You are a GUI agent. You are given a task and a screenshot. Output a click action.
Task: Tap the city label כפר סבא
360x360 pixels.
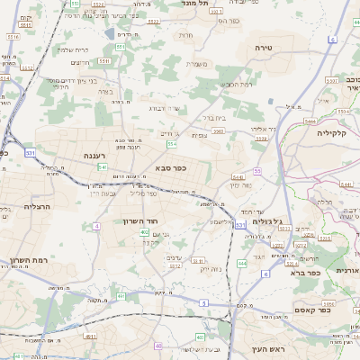coord(171,166)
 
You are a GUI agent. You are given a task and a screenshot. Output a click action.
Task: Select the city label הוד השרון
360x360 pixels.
coord(140,220)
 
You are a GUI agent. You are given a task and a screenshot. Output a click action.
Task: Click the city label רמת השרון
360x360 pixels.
coord(27,260)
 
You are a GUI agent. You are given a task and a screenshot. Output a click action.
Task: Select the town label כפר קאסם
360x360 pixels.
coord(310,310)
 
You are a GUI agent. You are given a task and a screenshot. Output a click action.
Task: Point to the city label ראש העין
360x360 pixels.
coord(267,348)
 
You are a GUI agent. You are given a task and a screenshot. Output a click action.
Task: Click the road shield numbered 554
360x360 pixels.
coord(171,143)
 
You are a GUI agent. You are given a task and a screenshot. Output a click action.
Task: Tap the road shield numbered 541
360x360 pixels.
coord(103,166)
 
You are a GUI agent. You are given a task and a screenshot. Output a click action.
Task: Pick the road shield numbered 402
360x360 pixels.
coord(144,232)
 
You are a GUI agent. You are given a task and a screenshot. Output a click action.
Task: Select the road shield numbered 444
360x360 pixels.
coord(242,264)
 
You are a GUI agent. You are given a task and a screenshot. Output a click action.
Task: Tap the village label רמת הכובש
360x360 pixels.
coord(236,84)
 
